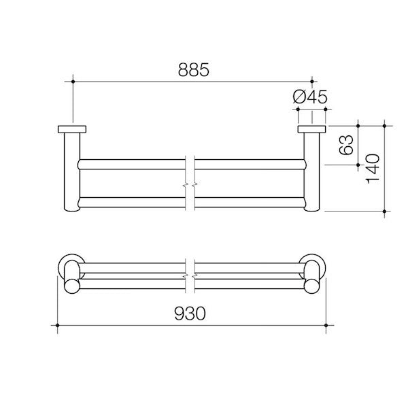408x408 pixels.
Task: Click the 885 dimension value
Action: (x=191, y=69)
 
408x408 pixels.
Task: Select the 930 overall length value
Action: (x=191, y=313)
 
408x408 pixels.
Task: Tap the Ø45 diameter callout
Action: (x=310, y=97)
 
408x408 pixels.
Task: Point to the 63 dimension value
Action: (x=347, y=145)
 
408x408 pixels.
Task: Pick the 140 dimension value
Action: (x=372, y=168)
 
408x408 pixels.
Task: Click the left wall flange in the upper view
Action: (x=71, y=129)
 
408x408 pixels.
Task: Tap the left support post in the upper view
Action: (x=71, y=173)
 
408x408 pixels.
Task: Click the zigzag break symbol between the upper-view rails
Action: (x=191, y=184)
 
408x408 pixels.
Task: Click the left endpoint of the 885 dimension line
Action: (x=71, y=82)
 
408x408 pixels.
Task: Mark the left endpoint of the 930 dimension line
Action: (x=57, y=326)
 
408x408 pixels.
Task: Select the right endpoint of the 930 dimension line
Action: (x=326, y=326)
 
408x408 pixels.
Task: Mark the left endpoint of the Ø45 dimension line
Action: (x=296, y=107)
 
